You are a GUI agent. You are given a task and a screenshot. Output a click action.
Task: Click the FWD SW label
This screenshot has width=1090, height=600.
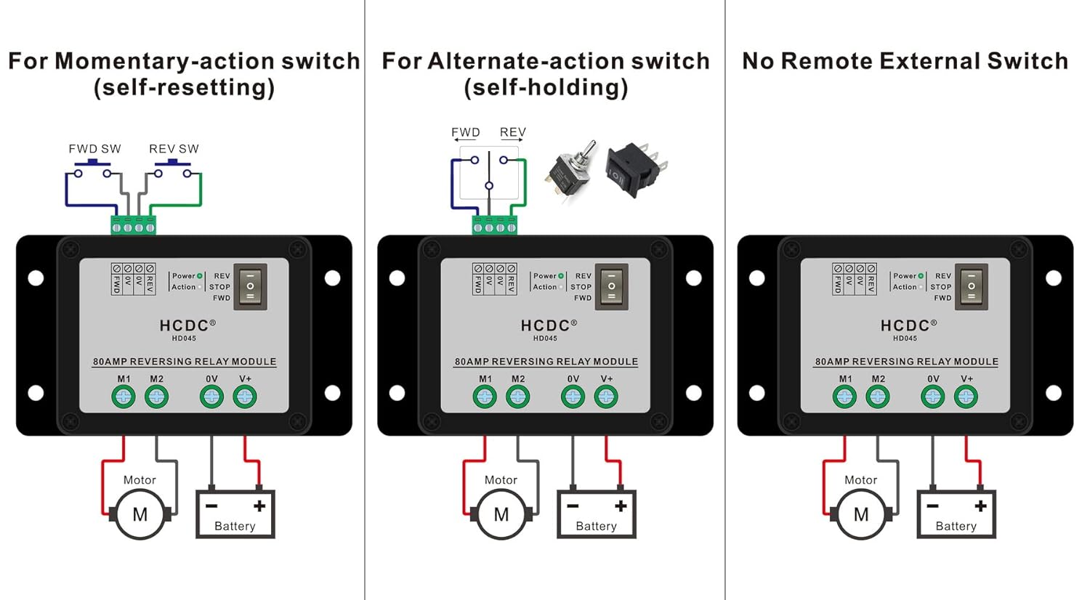click(x=94, y=149)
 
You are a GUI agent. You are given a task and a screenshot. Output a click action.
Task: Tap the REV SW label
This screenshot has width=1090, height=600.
click(x=174, y=149)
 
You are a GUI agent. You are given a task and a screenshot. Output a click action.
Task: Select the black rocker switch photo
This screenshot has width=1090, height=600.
click(x=636, y=169)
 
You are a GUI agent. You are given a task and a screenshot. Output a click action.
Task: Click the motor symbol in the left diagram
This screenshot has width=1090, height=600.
click(x=140, y=514)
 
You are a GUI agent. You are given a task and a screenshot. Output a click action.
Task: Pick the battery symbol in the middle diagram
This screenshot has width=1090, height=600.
click(x=596, y=513)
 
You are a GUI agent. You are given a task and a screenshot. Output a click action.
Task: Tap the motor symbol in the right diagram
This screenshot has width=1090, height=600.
click(x=861, y=514)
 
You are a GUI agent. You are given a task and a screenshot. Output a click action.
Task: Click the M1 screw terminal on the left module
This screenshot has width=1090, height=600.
click(x=124, y=397)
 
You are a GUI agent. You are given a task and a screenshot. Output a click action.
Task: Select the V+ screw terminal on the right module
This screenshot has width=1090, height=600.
click(x=966, y=397)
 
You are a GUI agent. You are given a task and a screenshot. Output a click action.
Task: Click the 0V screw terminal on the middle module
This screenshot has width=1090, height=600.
click(x=573, y=397)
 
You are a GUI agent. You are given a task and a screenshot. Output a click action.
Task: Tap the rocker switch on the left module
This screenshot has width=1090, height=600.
click(x=250, y=287)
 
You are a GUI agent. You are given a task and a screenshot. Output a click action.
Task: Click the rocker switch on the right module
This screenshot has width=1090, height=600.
click(x=972, y=287)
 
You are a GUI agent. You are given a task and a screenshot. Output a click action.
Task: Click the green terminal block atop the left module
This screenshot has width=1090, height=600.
click(x=133, y=226)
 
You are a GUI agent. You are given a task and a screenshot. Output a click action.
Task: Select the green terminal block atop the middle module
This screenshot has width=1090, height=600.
click(x=494, y=226)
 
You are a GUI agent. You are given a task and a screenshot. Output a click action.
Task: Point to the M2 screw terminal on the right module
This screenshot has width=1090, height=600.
click(x=878, y=397)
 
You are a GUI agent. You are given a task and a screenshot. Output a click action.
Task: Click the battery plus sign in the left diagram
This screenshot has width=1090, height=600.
click(x=260, y=506)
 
